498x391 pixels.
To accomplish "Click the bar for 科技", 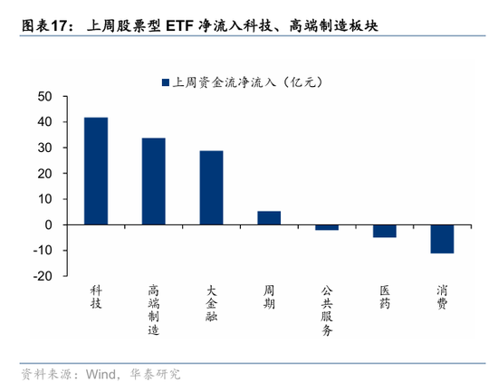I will coord(96,171).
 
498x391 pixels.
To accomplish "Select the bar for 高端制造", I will coord(154,181).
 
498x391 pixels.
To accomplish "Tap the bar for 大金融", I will coord(211,187).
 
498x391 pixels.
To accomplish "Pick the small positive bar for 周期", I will coord(269,217).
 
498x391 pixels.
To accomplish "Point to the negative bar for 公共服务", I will coord(327,227).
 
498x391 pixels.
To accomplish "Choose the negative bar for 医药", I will coord(385,231).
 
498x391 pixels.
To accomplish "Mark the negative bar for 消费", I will coord(442,239).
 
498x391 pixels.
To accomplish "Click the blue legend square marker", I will coord(166,82).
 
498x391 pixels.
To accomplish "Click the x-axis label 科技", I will coord(96,297).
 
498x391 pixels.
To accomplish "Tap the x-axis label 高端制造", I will coord(154,310).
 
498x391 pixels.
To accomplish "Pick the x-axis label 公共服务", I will coord(327,310).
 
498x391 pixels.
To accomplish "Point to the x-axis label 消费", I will coord(442,297).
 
